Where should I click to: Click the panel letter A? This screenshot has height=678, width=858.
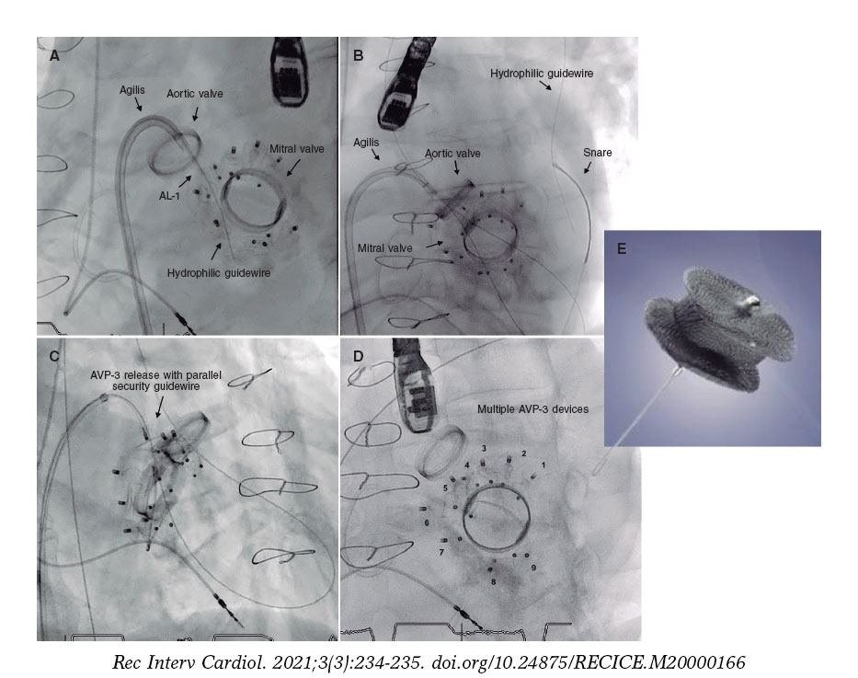pyautogui.click(x=54, y=56)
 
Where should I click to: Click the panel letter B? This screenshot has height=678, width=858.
pyautogui.click(x=359, y=56)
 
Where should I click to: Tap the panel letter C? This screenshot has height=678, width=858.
pyautogui.click(x=54, y=354)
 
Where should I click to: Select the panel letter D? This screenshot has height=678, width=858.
pyautogui.click(x=359, y=354)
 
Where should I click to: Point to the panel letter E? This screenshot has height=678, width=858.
pyautogui.click(x=621, y=248)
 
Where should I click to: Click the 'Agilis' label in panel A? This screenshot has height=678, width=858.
pyautogui.click(x=133, y=89)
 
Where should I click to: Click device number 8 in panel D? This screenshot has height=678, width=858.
pyautogui.click(x=493, y=581)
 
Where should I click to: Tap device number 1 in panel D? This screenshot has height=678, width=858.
pyautogui.click(x=543, y=465)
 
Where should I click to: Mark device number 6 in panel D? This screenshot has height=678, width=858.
pyautogui.click(x=427, y=522)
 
